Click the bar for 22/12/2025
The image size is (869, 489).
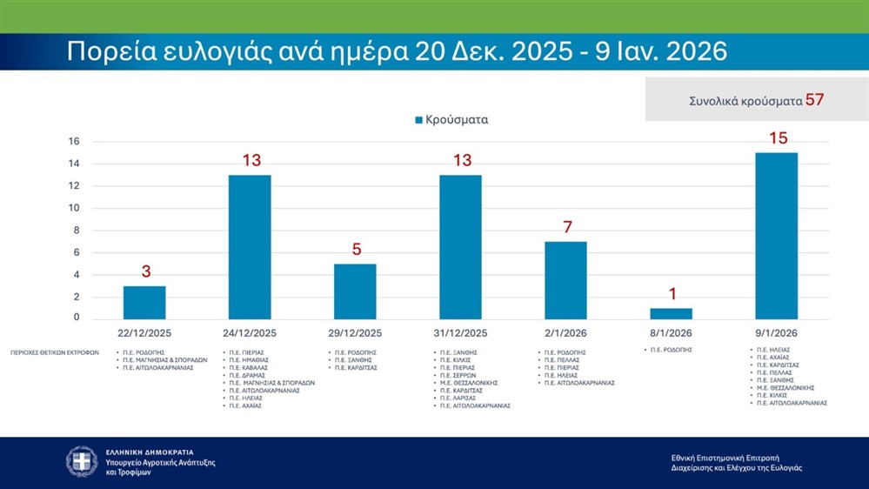[x=144, y=302]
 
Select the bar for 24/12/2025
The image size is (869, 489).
[x=250, y=247]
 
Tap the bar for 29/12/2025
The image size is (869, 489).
[x=355, y=291]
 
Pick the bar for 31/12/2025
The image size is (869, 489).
[x=460, y=247]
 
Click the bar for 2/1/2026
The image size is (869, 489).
[x=565, y=280]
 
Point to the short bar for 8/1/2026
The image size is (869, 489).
[x=672, y=313]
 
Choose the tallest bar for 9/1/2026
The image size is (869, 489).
[x=777, y=236]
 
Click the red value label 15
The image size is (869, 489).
[x=778, y=138]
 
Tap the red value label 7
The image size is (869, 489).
[x=566, y=227]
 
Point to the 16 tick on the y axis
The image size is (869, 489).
[x=74, y=142]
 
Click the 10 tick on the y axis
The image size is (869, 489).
[x=74, y=208]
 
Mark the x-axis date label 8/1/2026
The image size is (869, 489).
[x=672, y=333]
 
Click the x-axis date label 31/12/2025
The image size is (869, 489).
[x=460, y=333]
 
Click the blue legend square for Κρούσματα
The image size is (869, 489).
[x=418, y=120]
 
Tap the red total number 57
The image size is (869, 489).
[x=814, y=100]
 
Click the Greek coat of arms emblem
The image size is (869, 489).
[x=82, y=461]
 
